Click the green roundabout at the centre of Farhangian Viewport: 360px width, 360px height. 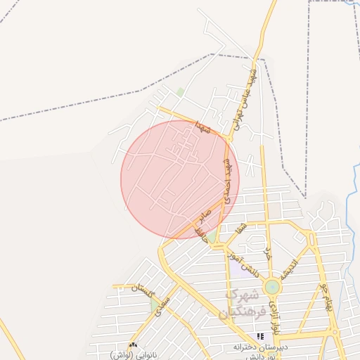tap(271, 288)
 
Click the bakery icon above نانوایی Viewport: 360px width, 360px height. tap(134, 345)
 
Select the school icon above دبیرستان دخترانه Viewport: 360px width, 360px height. tap(261, 337)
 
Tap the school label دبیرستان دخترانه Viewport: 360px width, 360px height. tap(261, 347)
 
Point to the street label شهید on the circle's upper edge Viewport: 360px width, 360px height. tap(204, 128)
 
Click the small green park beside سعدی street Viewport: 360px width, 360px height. tap(155, 306)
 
